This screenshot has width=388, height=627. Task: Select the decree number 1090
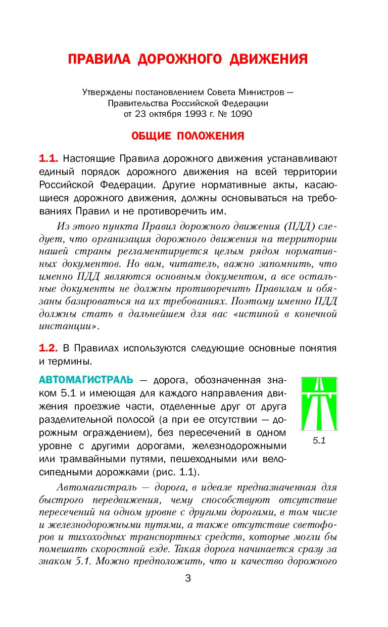(x=241, y=114)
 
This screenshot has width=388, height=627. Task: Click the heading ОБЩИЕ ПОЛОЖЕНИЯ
(x=188, y=136)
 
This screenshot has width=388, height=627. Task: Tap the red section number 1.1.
(x=48, y=158)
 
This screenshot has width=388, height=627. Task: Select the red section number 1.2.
(x=48, y=348)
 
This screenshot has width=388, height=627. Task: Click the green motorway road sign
(x=319, y=404)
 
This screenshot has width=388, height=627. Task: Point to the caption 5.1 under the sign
(x=319, y=440)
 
